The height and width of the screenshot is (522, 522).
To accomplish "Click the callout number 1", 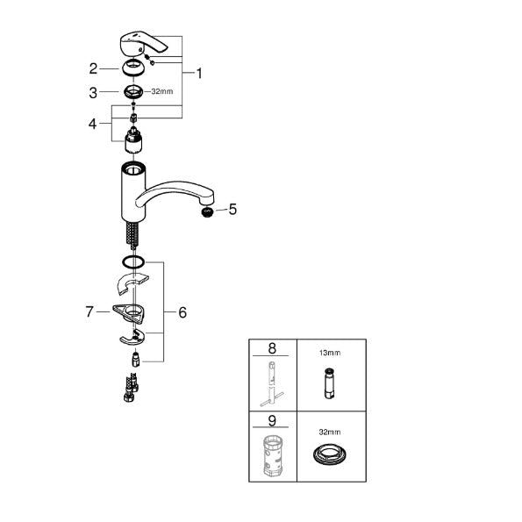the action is click(199, 74).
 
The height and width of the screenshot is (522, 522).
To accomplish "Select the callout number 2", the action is click(93, 69).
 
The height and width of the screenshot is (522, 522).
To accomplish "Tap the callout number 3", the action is click(93, 92).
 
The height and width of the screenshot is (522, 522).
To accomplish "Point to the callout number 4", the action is click(92, 124).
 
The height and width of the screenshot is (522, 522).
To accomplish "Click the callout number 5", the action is click(232, 210).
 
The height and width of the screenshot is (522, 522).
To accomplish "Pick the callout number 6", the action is click(182, 312).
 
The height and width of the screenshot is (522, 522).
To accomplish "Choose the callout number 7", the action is click(89, 311).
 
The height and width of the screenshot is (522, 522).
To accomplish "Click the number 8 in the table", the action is click(272, 348).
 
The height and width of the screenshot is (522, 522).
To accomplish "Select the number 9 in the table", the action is click(272, 420).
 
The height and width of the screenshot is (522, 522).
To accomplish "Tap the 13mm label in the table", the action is click(330, 353).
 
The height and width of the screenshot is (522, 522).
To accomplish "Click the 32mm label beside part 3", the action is click(162, 91).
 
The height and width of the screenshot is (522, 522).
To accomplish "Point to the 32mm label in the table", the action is click(330, 432).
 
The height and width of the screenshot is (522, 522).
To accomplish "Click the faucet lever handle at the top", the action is click(141, 43).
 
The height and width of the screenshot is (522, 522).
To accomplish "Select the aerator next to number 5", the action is click(208, 212).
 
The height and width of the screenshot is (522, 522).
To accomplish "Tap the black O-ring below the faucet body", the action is click(133, 261).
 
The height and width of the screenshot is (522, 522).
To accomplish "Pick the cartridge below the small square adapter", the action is click(133, 140).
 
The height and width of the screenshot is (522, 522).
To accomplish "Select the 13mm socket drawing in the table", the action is click(329, 383).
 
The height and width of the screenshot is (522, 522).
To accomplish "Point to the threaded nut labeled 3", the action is click(133, 92).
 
